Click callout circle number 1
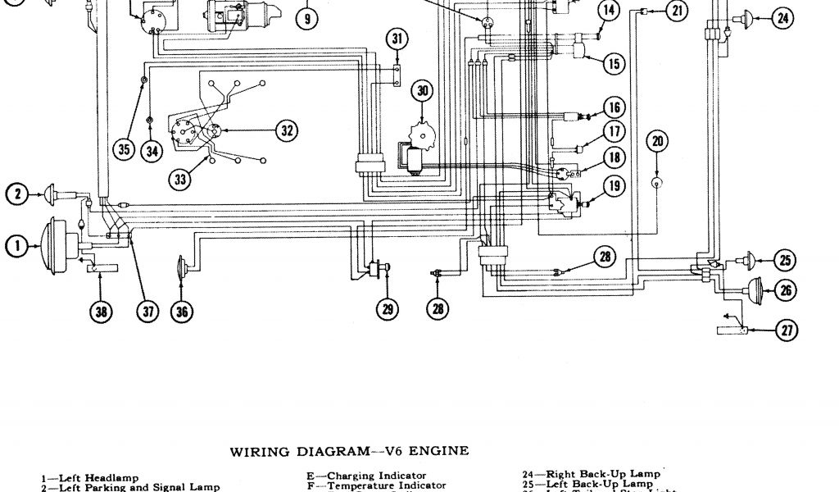pyautogui.click(x=16, y=243)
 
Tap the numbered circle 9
pyautogui.click(x=306, y=17)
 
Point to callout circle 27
pyautogui.click(x=787, y=330)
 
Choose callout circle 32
pyautogui.click(x=285, y=130)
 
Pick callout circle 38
pyautogui.click(x=102, y=311)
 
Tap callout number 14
pyautogui.click(x=607, y=11)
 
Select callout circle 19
pyautogui.click(x=613, y=185)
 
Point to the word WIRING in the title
pyautogui.click(x=258, y=450)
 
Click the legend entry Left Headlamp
pyautogui.click(x=90, y=478)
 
